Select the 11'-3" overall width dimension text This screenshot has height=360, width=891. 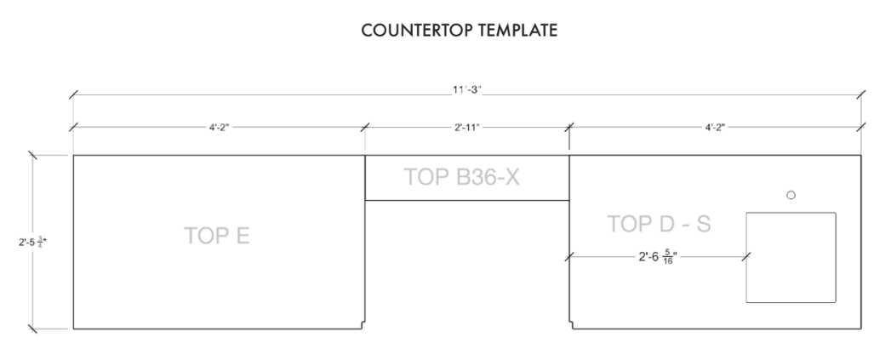[467, 90]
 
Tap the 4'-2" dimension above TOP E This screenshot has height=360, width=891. [219, 128]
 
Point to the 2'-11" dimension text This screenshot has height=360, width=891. [467, 128]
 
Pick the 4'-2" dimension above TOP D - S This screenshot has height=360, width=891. [716, 128]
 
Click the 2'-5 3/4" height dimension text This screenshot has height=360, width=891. [32, 243]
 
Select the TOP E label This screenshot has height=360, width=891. [217, 236]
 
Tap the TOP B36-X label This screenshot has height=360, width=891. [461, 177]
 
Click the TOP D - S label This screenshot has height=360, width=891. [660, 224]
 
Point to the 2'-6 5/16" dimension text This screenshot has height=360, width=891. [658, 257]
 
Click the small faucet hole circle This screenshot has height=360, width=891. [791, 195]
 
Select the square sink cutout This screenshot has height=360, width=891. [791, 212]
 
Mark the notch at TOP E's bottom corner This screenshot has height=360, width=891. [363, 325]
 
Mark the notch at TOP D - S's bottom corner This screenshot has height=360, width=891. [571, 325]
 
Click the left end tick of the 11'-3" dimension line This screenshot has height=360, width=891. [73, 95]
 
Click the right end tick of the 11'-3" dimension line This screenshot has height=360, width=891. [861, 95]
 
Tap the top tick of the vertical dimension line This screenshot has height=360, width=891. [32, 155]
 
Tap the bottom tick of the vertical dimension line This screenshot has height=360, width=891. [32, 329]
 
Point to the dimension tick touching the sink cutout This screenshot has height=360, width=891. [746, 257]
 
